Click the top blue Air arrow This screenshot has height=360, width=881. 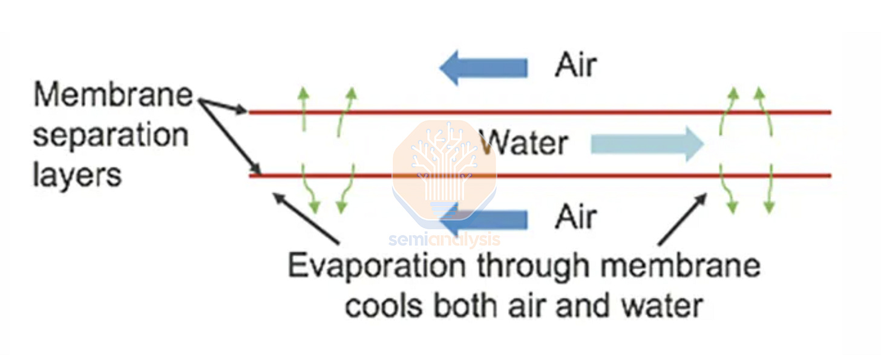pos(483,67)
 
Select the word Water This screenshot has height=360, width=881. pos(524,143)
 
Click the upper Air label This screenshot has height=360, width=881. pos(575,65)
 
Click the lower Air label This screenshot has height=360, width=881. pos(575,217)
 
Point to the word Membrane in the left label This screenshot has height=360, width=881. pos(113,96)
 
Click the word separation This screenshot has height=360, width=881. pos(110,136)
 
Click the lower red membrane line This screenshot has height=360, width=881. pos(545,176)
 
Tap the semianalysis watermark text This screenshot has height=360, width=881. pos(444,239)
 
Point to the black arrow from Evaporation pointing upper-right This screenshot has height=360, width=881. pos(681,218)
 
